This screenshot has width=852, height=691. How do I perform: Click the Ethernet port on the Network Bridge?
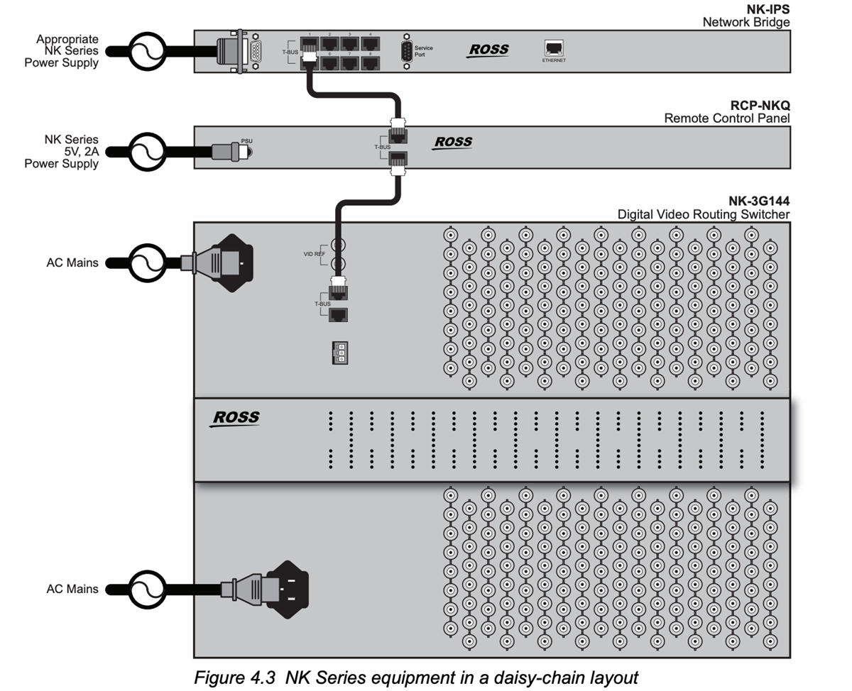point(553,48)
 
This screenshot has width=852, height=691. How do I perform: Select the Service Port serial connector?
point(406,52)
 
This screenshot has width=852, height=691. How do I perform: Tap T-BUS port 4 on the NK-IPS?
point(369,44)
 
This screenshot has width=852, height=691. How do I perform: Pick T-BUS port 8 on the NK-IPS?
point(369,62)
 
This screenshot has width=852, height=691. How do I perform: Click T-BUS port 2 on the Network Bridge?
point(329,44)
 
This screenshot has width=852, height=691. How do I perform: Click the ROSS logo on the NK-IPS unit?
point(488,50)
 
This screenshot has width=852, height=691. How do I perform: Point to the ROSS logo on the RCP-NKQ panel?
point(453,142)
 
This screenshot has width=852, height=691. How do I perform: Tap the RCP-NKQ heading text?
point(760,106)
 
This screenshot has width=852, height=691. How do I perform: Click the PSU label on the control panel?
point(246,141)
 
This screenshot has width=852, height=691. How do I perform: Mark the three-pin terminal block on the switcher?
point(340,353)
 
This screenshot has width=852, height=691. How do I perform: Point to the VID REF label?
point(315,254)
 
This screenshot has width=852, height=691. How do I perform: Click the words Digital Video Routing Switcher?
point(703,214)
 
